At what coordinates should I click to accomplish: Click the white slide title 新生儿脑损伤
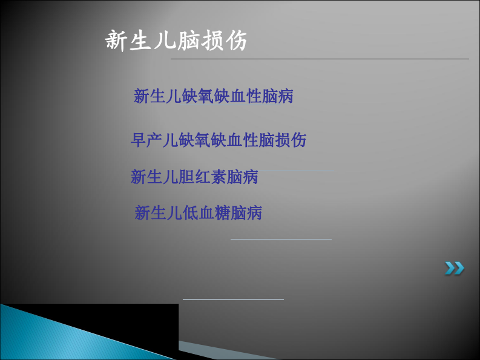(x=176, y=41)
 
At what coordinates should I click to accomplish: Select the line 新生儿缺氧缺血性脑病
(x=213, y=96)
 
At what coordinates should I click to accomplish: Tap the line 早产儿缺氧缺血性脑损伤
(x=219, y=140)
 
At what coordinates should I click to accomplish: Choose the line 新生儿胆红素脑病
(x=194, y=177)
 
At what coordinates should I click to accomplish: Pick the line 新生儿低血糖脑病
(x=198, y=212)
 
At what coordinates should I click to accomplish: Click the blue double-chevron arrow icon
(x=455, y=268)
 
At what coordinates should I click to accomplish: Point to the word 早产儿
(x=154, y=140)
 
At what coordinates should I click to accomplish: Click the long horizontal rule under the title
(x=320, y=59)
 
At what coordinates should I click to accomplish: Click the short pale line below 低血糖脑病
(x=281, y=240)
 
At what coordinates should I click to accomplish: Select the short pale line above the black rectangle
(x=233, y=299)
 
